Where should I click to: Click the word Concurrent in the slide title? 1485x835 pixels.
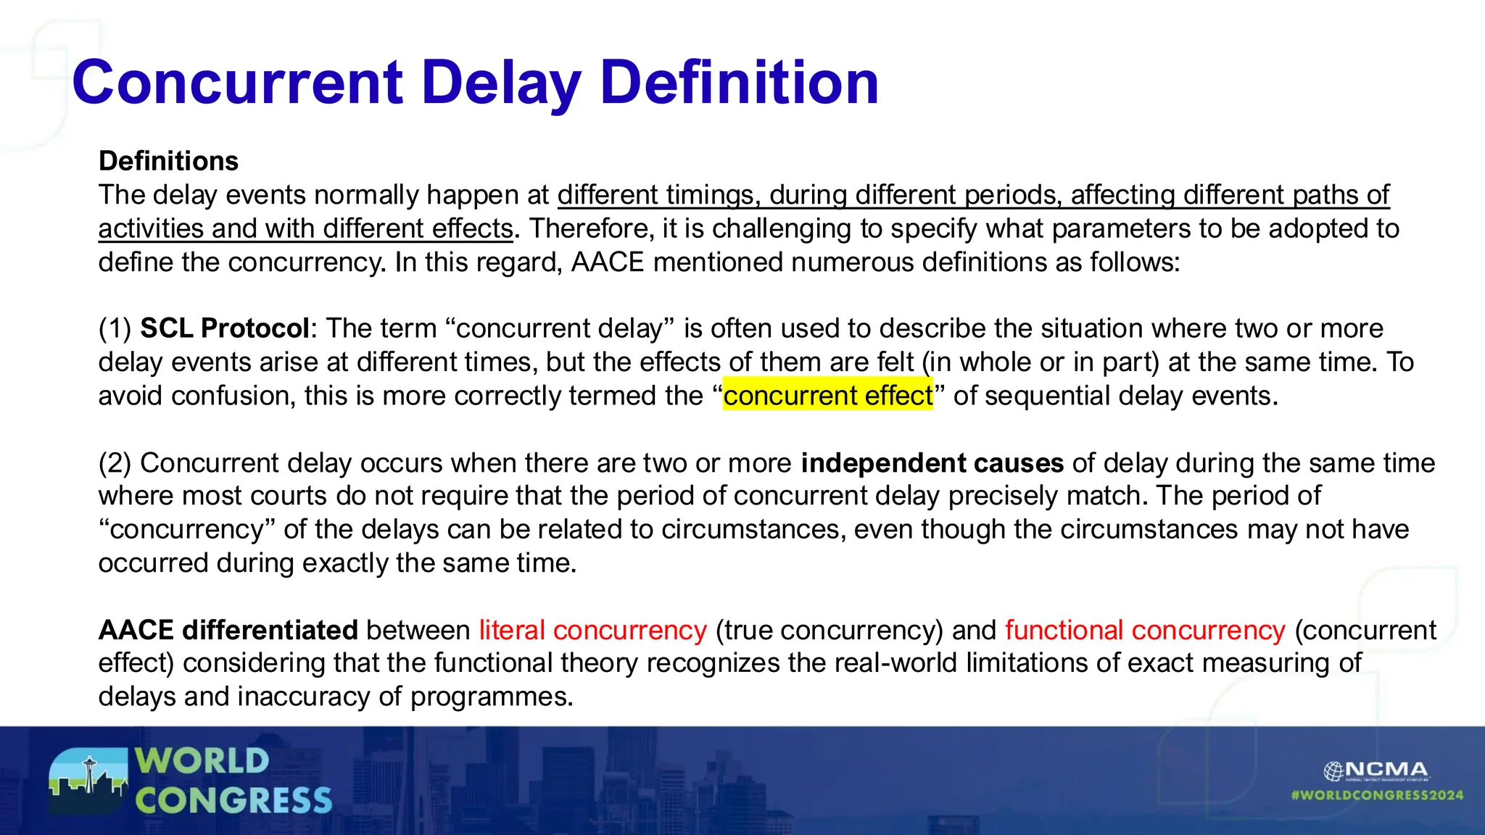238,83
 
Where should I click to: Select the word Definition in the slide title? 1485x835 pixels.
740,83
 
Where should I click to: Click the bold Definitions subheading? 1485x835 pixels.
168,161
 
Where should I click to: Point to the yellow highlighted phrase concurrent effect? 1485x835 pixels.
828,396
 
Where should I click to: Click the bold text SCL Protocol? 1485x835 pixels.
225,328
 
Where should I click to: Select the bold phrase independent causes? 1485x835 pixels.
932,462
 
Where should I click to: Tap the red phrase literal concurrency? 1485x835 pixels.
592,630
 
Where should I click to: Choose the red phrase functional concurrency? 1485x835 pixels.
1145,630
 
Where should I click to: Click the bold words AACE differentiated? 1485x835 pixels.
228,630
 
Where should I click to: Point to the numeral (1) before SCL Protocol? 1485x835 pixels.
115,328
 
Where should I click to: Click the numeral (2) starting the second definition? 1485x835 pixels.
115,462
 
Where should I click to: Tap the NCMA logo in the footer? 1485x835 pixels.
1376,770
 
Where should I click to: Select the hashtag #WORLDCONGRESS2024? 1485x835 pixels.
1377,795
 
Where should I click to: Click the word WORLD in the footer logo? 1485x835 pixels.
202,761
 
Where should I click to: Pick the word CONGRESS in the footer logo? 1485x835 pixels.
233,801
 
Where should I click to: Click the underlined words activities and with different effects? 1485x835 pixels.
305,228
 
